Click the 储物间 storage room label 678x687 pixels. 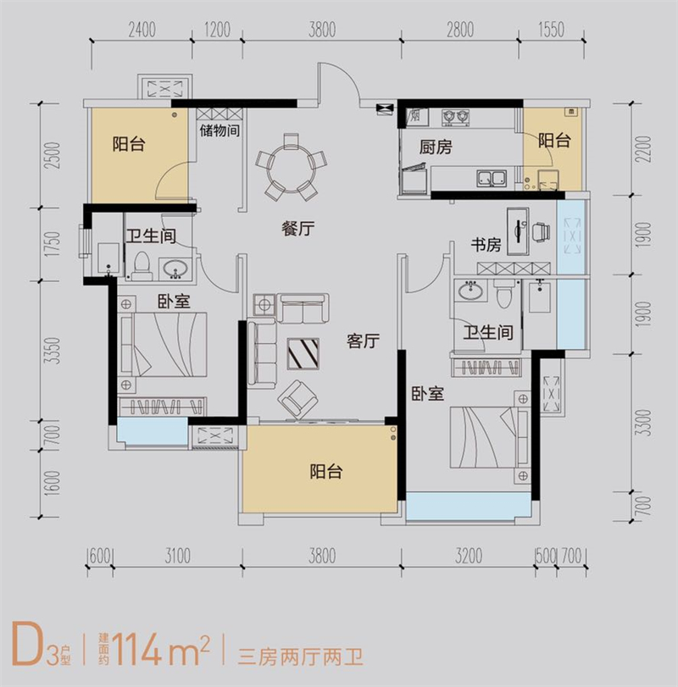(220, 131)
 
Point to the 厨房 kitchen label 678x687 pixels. (436, 147)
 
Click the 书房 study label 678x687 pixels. (487, 246)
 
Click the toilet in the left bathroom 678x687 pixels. (142, 264)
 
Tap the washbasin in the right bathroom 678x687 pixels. (469, 292)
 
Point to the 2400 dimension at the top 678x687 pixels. (142, 31)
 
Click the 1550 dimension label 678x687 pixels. (550, 31)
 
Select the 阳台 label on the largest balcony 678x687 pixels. (325, 472)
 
